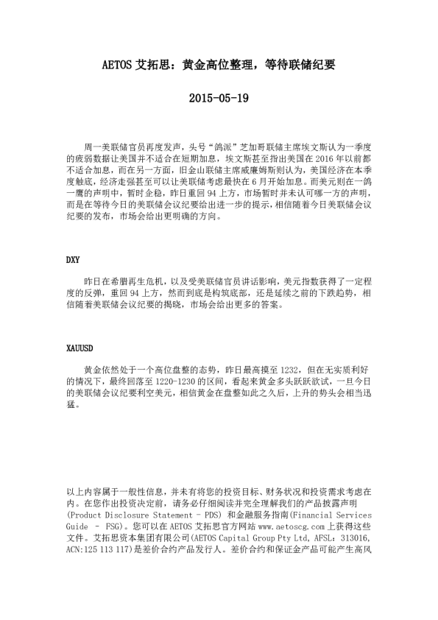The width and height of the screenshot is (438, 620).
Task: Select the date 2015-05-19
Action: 219,97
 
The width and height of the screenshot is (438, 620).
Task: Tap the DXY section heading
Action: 73,260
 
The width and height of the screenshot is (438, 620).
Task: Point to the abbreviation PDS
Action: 211,516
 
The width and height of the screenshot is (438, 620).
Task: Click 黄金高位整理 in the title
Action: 211,65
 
